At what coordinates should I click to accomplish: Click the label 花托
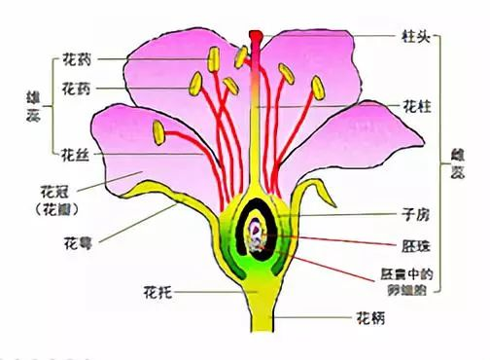point(157,290)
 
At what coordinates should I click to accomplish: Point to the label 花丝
point(76,154)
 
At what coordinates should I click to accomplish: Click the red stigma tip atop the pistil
point(256,39)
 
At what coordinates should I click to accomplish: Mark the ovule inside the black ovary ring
point(255,234)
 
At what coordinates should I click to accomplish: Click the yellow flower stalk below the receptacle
point(257,321)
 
